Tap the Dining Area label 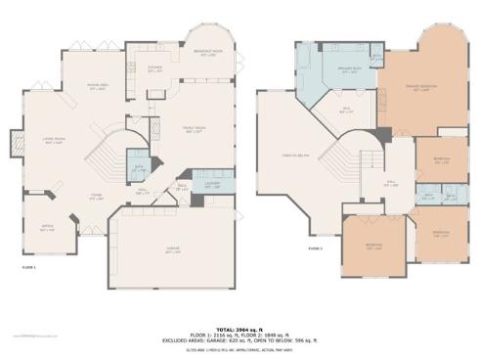(98, 86)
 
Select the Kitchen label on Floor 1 (153, 70)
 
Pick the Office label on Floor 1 (46, 229)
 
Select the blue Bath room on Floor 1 (140, 167)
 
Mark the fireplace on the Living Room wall (15, 144)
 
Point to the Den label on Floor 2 (346, 111)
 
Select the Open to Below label (296, 155)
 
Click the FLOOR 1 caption (28, 266)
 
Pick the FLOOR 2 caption (315, 248)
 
